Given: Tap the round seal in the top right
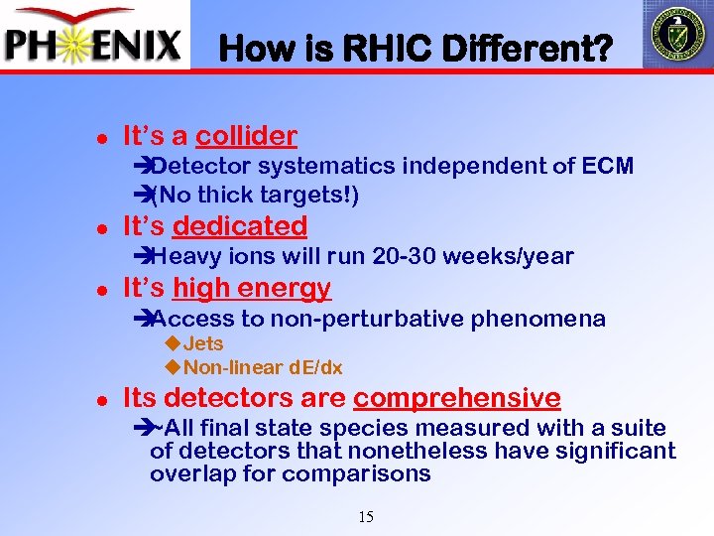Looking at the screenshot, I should pos(676,34).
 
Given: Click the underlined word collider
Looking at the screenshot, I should pos(246,136).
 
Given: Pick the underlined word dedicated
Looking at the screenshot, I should pos(239,226).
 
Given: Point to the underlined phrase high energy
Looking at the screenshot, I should pos(251,289).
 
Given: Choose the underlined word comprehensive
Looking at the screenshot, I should pos(456,398).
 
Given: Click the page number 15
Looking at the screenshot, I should pos(365,516).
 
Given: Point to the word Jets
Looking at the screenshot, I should pos(203,343).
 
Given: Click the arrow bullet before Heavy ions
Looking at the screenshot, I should pos(140,256).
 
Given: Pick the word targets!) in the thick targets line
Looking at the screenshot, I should pos(312,195).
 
